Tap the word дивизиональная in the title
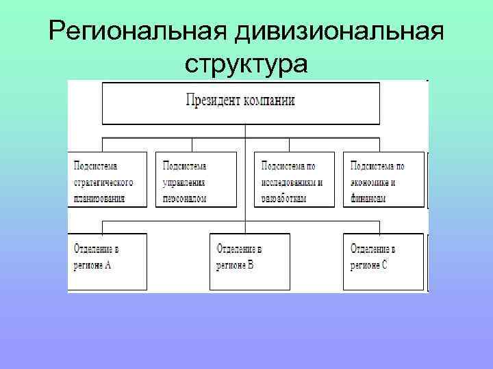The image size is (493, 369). coord(338,31)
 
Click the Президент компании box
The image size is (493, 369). coord(240,103)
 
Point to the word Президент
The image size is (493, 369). coord(212,100)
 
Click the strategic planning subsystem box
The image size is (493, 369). coord(108,180)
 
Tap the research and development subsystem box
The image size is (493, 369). coord(294,180)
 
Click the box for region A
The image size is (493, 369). coord(108,261)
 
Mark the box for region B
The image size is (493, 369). coord(249,261)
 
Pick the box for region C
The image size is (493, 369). coord(383,261)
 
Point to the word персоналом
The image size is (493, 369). coord(184,198)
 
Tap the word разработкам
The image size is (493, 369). coord(283,198)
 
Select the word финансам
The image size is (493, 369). coord(368,198)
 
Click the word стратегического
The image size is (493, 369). coord(103,182)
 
